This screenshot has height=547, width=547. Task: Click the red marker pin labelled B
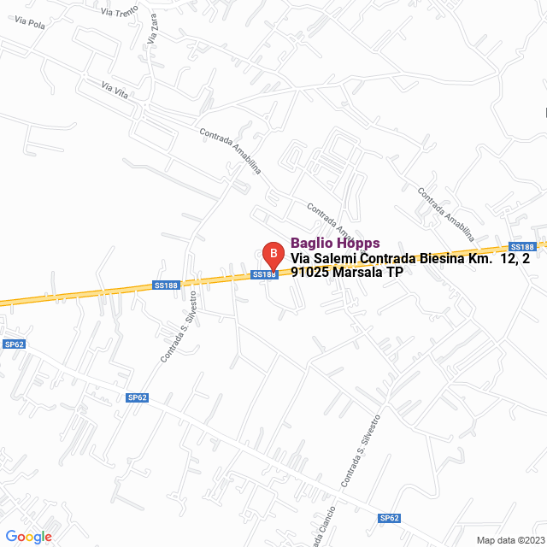(x=272, y=254)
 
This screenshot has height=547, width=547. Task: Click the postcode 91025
(x=310, y=273)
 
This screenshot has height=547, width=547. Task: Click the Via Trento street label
(x=118, y=12)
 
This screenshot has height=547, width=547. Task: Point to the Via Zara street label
(x=154, y=36)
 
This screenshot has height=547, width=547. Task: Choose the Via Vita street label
(x=115, y=89)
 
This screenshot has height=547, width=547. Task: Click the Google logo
(x=28, y=537)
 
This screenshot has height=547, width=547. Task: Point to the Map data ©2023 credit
(x=509, y=540)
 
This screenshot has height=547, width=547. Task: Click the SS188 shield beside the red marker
(x=265, y=274)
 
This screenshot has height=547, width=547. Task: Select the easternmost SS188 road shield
(x=521, y=245)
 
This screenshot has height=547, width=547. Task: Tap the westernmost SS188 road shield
(x=166, y=285)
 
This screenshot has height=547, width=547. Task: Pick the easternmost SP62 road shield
(x=389, y=518)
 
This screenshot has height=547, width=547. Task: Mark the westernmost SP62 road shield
(x=14, y=344)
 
